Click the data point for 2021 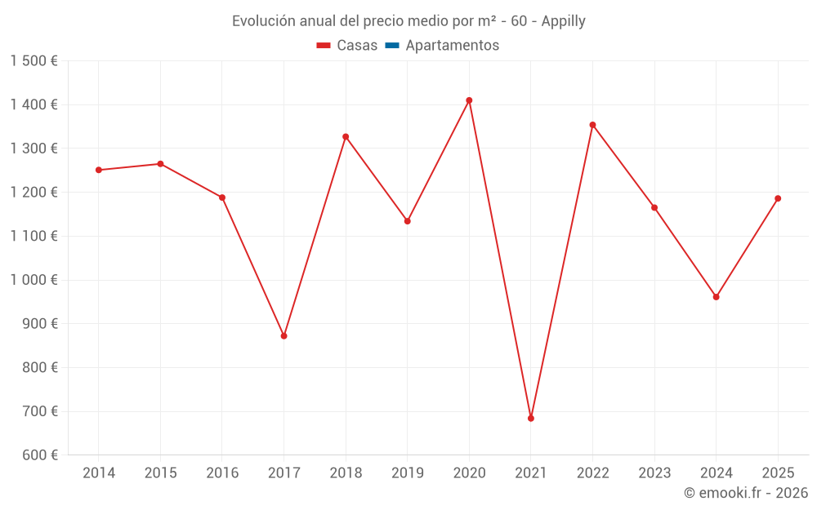click(531, 418)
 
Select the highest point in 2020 click(469, 100)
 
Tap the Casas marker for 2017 click(283, 336)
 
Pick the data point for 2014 click(99, 170)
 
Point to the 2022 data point click(592, 125)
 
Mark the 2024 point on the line click(716, 297)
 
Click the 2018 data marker click(346, 136)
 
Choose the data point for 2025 click(778, 198)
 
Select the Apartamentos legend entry click(452, 46)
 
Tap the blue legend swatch click(391, 46)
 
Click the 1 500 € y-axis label click(33, 61)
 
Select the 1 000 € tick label click(33, 280)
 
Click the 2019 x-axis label click(408, 473)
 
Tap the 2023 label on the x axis click(654, 473)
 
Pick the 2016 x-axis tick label click(222, 473)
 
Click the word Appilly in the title click(563, 21)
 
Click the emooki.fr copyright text click(746, 493)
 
